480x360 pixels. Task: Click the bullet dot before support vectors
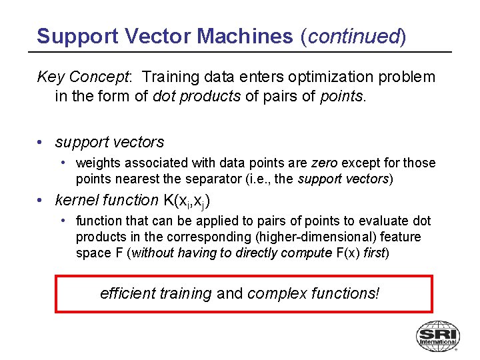41,143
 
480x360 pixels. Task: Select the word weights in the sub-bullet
98,163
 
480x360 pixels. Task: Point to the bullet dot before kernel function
41,200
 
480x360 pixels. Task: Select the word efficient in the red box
128,293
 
